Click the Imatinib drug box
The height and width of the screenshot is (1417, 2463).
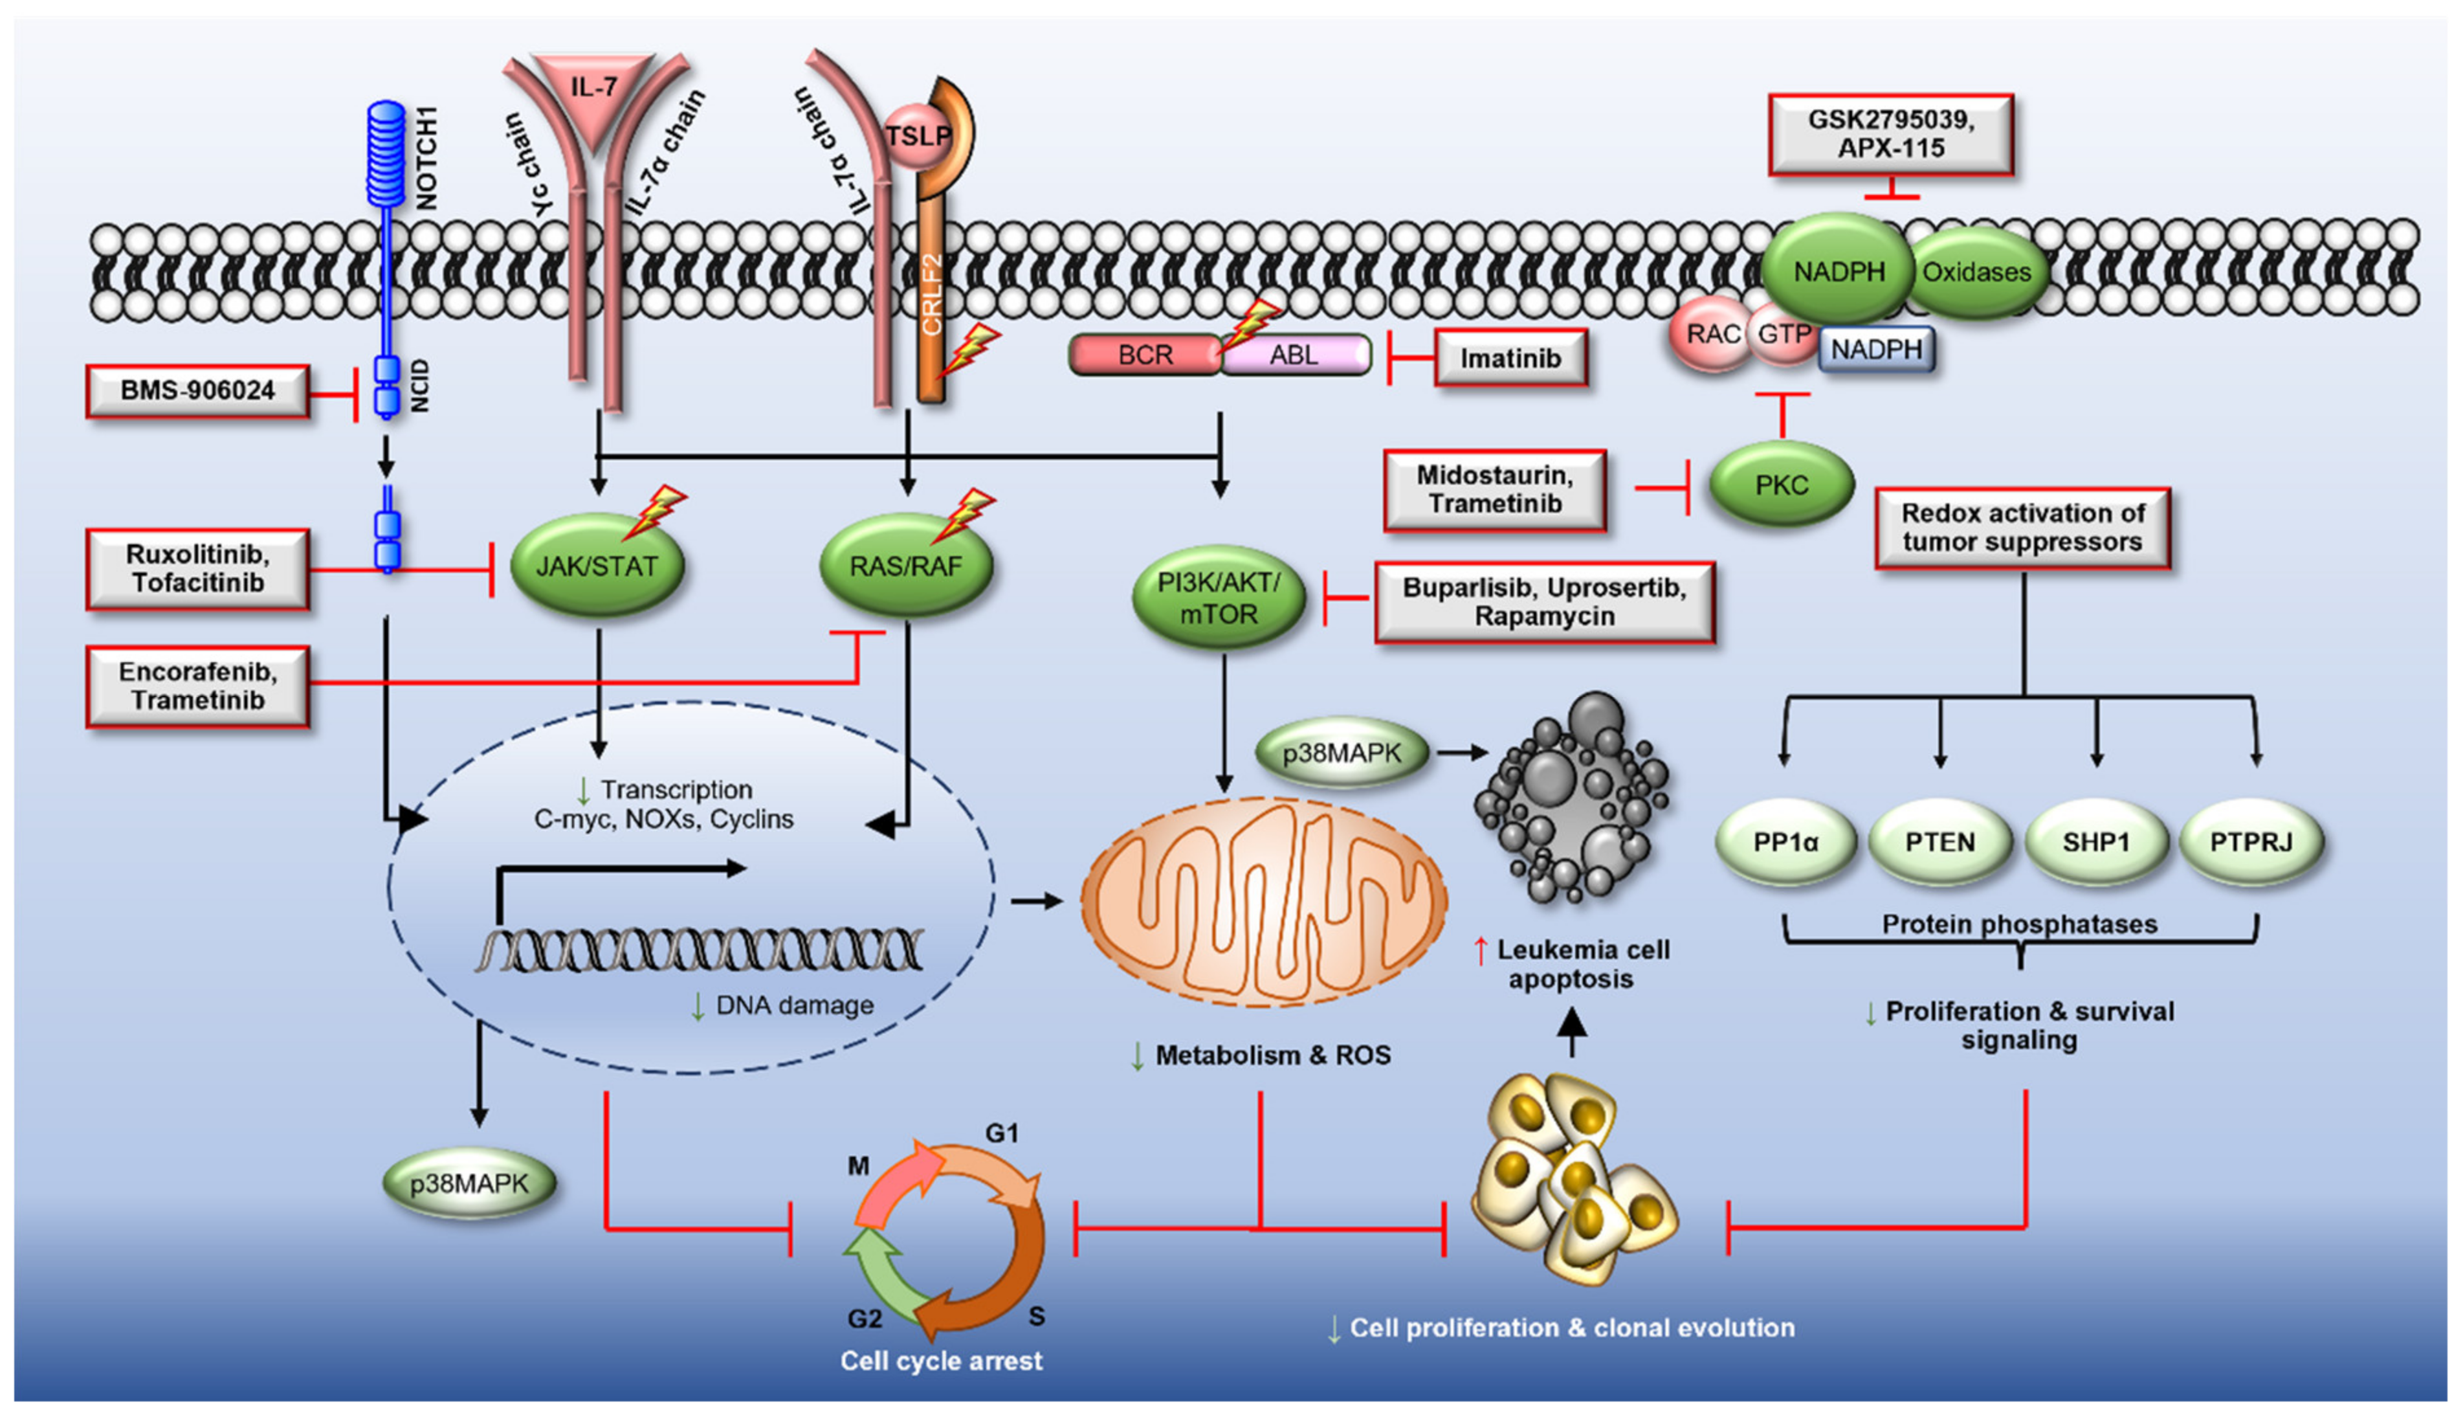[x=1510, y=358]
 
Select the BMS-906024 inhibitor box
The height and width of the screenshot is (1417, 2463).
[x=197, y=391]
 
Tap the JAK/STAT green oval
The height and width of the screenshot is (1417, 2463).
[x=597, y=565]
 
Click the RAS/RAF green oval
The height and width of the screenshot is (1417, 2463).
[x=905, y=565]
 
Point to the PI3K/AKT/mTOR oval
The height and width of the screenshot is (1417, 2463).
[x=1218, y=597]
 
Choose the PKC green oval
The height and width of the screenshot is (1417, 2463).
[x=1781, y=485]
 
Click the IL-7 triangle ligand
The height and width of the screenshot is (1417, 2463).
[x=593, y=93]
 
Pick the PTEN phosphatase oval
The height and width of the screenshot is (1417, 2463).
[x=1939, y=842]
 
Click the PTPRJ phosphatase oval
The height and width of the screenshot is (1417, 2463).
[x=2251, y=842]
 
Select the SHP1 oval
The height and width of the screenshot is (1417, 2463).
[x=2096, y=842]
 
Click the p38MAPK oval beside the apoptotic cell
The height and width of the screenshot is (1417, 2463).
[x=1342, y=752]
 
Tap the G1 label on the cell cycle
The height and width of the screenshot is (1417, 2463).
[x=1001, y=1133]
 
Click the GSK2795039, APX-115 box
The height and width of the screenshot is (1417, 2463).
[x=1890, y=134]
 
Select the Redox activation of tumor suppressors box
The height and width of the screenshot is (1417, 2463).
[x=2022, y=528]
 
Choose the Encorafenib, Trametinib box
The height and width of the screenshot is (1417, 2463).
[x=197, y=686]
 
